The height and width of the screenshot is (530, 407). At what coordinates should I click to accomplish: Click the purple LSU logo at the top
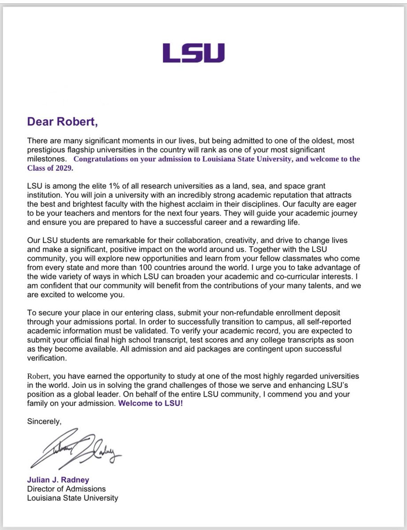[x=193, y=53]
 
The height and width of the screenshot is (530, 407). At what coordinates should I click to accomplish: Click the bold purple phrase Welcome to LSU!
[x=150, y=404]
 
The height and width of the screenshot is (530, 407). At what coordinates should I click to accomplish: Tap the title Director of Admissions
[x=66, y=489]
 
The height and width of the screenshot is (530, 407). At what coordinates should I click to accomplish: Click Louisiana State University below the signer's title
[x=73, y=498]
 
